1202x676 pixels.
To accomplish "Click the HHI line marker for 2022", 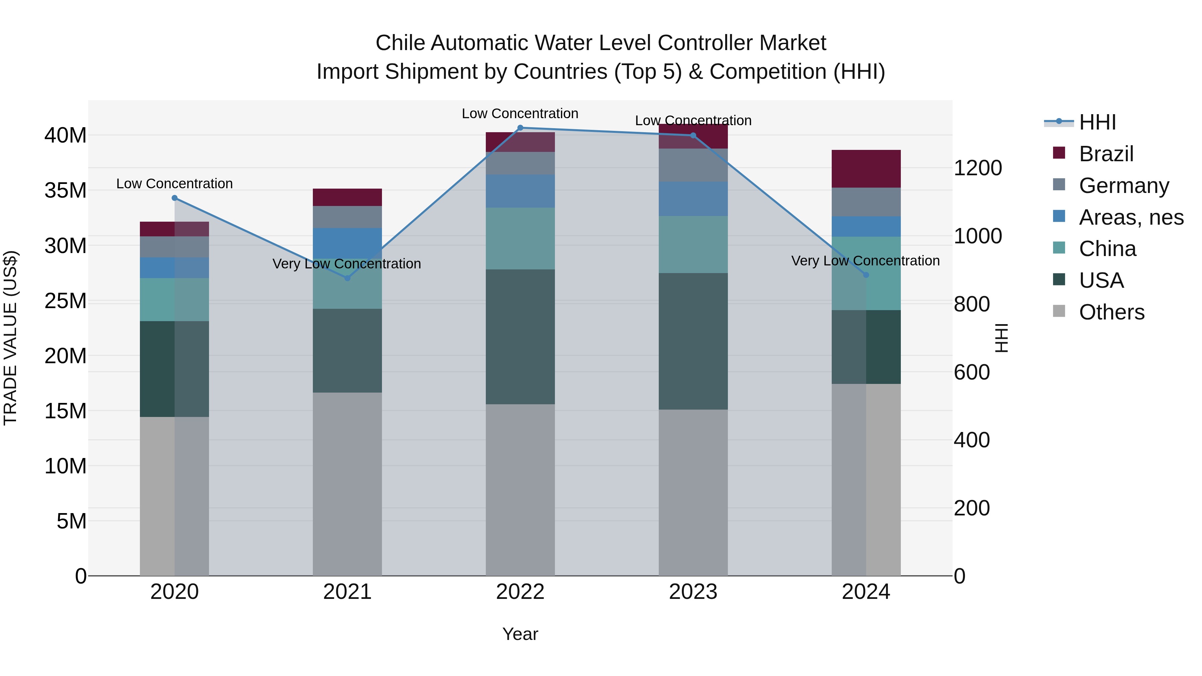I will coord(520,128).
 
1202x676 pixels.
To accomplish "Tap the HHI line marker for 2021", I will coord(347,278).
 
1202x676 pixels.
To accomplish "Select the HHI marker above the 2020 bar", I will coord(175,198).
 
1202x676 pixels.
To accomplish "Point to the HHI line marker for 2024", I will coord(866,275).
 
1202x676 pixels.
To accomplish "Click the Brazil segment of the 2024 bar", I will coord(866,169).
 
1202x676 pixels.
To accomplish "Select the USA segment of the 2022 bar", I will coord(520,336).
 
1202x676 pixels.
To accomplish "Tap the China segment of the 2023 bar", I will coord(693,244).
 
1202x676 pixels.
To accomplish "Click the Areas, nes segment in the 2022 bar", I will coord(520,191).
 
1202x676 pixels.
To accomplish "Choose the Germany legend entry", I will coord(1124,186).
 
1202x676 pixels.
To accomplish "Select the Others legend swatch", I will coord(1059,311).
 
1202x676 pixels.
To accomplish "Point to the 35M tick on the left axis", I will coord(65,190).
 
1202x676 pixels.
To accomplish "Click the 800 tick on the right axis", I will coord(972,304).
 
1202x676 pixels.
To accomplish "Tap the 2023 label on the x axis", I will coord(693,592).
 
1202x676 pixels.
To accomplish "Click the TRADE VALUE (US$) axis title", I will coord(10,338).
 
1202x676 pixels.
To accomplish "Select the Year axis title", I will coord(520,634).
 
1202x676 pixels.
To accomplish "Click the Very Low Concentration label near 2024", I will coord(865,261).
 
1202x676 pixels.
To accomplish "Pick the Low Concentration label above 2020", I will coord(175,184).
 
